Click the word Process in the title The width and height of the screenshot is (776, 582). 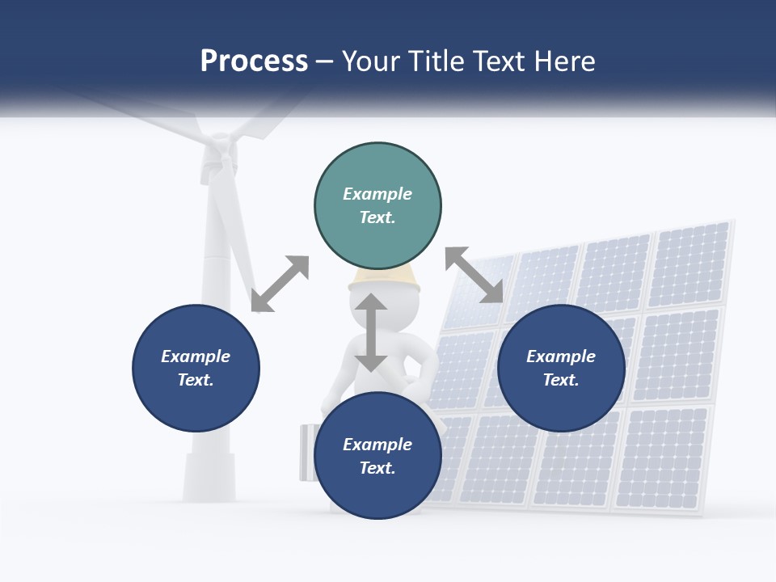click(x=254, y=61)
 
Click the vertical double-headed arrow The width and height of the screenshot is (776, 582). click(x=371, y=332)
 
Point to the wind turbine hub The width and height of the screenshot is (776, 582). click(x=218, y=154)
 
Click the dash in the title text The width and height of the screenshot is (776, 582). click(x=325, y=61)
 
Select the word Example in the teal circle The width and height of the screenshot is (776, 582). click(x=377, y=194)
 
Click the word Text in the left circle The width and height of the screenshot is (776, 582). click(x=196, y=380)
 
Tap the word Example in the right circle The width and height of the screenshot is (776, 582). click(x=561, y=356)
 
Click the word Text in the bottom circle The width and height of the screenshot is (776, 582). click(x=377, y=468)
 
